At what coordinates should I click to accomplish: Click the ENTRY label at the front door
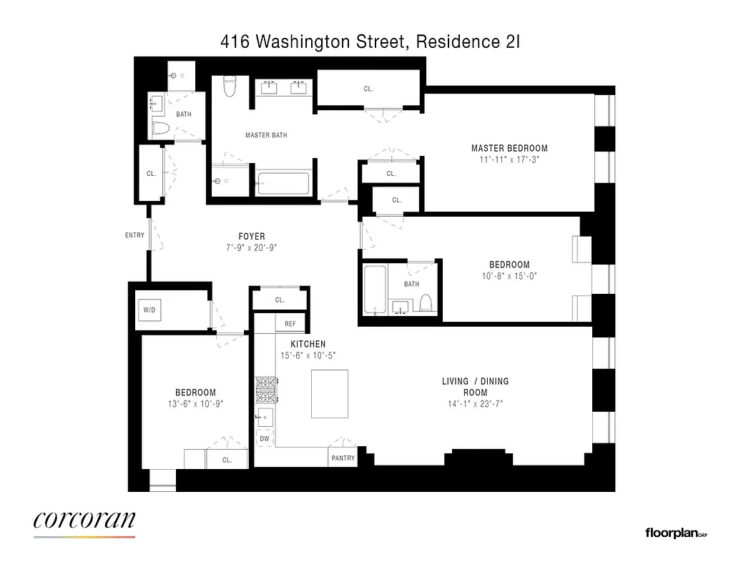click(x=134, y=235)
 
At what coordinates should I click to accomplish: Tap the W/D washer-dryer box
click(x=149, y=310)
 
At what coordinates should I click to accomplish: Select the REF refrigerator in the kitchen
click(x=290, y=324)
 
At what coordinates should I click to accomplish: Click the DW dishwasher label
click(x=265, y=438)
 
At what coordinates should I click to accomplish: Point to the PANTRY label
click(x=343, y=458)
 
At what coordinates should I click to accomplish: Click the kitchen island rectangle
click(x=330, y=393)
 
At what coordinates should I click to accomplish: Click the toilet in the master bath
click(x=230, y=86)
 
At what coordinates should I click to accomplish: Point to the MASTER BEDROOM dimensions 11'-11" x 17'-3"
click(x=509, y=160)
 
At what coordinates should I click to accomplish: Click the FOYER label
click(x=252, y=236)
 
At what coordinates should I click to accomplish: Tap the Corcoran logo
click(x=84, y=522)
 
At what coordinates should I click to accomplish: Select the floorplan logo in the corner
click(x=675, y=533)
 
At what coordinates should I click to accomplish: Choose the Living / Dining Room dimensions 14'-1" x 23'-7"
click(x=475, y=404)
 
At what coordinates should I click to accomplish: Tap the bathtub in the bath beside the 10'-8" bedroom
click(x=375, y=290)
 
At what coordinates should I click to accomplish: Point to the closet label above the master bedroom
click(x=368, y=89)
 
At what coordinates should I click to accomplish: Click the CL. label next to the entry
click(x=151, y=173)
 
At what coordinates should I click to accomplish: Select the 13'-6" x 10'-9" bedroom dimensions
click(x=195, y=404)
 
